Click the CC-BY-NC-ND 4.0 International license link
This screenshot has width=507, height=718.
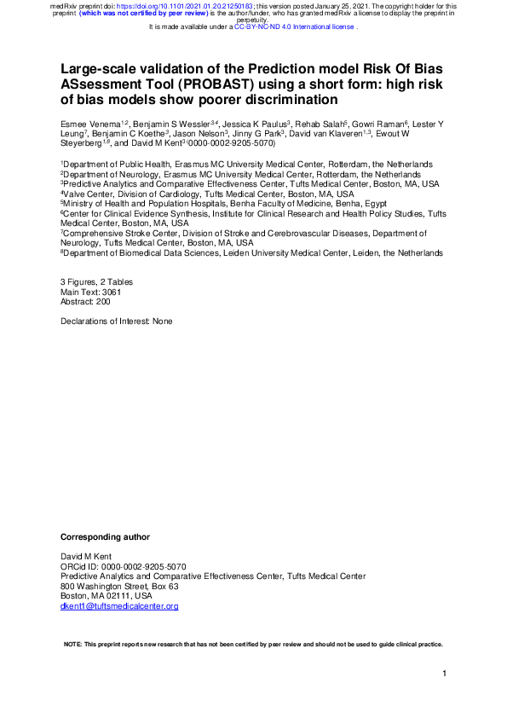(x=295, y=26)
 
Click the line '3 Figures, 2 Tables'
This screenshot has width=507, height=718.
(x=96, y=281)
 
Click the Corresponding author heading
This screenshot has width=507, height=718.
(x=105, y=537)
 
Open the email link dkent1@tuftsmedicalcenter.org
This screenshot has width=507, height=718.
(x=119, y=606)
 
